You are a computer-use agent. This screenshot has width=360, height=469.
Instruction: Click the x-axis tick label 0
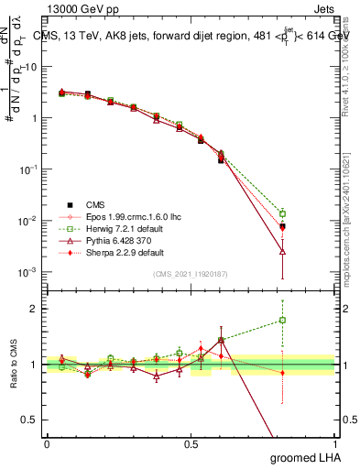click(48, 443)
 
